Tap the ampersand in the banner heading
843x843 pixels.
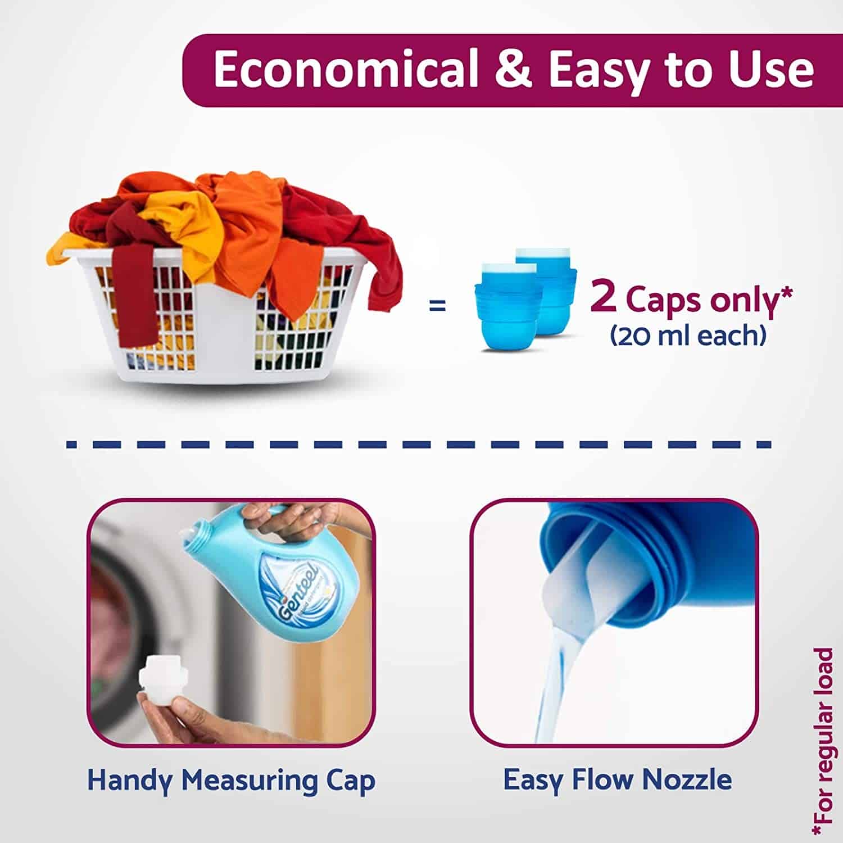point(514,70)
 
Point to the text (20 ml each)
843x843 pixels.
point(688,336)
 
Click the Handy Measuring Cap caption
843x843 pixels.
point(231,780)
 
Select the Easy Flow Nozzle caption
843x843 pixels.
point(617,779)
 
